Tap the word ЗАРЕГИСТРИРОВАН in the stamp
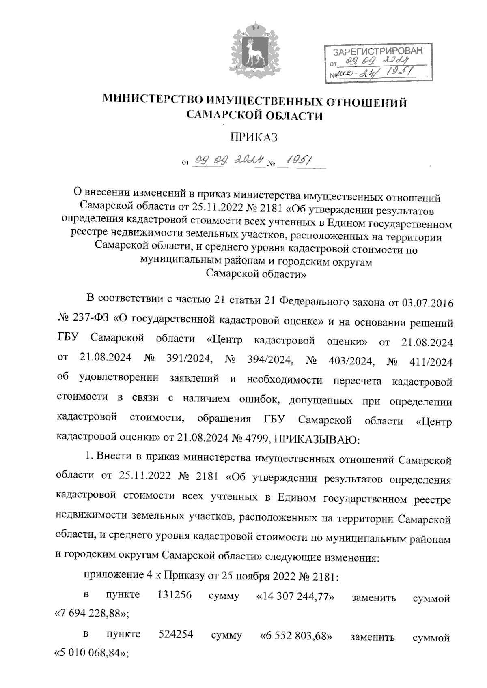(377, 52)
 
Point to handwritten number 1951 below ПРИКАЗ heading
(300, 161)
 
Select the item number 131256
(174, 595)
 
